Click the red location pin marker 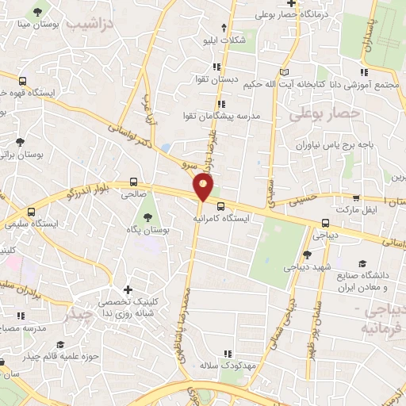coord(204,188)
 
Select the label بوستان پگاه coord(147,229)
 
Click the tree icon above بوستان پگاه coord(147,216)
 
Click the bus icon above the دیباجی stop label coord(326,223)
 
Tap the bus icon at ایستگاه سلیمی coord(32,212)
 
